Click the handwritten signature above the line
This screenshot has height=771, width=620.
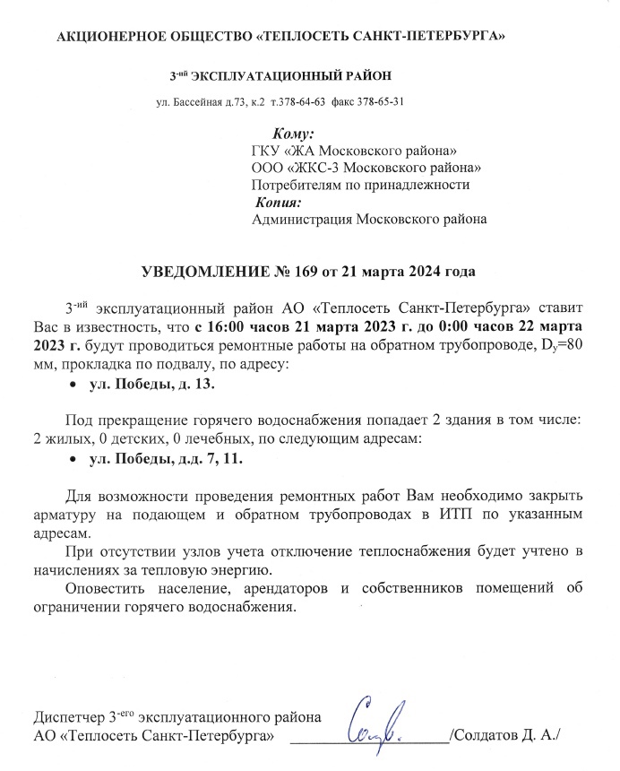pyautogui.click(x=386, y=721)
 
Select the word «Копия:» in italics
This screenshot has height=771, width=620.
pyautogui.click(x=282, y=202)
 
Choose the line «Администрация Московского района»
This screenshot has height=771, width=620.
pyautogui.click(x=370, y=219)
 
